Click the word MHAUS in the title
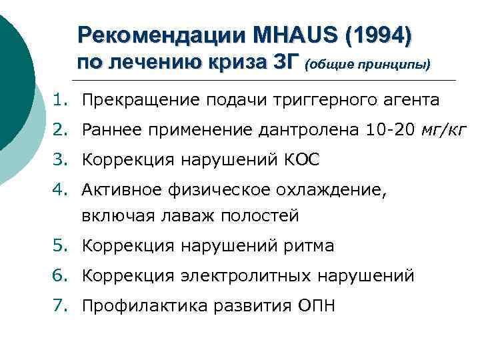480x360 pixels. coord(304,35)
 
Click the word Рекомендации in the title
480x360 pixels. coord(163,35)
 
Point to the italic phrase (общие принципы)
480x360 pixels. coord(368,65)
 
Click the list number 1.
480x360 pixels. coord(61,100)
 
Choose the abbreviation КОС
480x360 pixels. coord(301,161)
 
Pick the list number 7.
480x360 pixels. coord(61,306)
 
